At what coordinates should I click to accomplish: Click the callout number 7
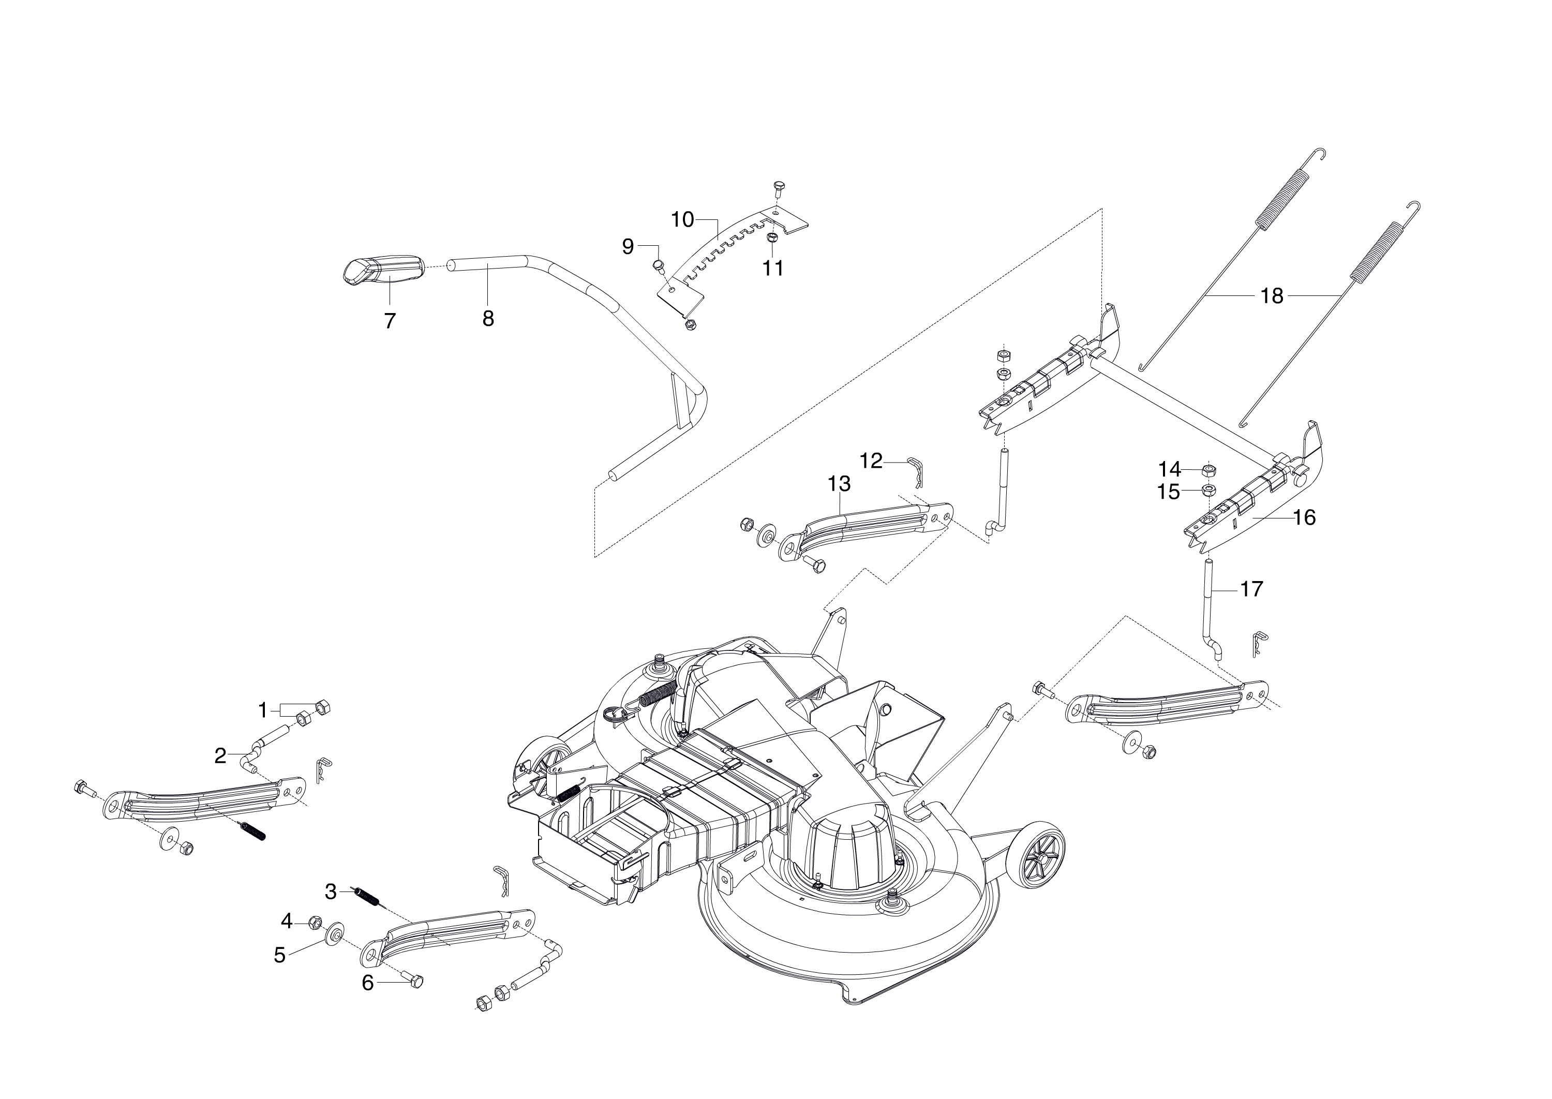pyautogui.click(x=389, y=321)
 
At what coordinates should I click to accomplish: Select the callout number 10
pyautogui.click(x=683, y=219)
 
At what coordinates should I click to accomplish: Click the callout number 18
pyautogui.click(x=1272, y=296)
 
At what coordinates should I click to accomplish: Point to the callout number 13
pyautogui.click(x=839, y=484)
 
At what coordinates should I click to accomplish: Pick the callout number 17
pyautogui.click(x=1251, y=589)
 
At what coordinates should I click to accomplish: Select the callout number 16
pyautogui.click(x=1304, y=518)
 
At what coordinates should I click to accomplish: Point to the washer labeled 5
pyautogui.click(x=334, y=936)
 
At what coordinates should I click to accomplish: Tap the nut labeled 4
pyautogui.click(x=315, y=922)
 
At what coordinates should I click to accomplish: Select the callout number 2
pyautogui.click(x=220, y=756)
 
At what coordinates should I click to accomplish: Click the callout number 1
pyautogui.click(x=263, y=710)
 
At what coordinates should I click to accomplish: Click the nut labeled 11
pyautogui.click(x=771, y=239)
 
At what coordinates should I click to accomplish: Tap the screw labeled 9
pyautogui.click(x=658, y=265)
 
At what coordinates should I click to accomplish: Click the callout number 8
pyautogui.click(x=488, y=318)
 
